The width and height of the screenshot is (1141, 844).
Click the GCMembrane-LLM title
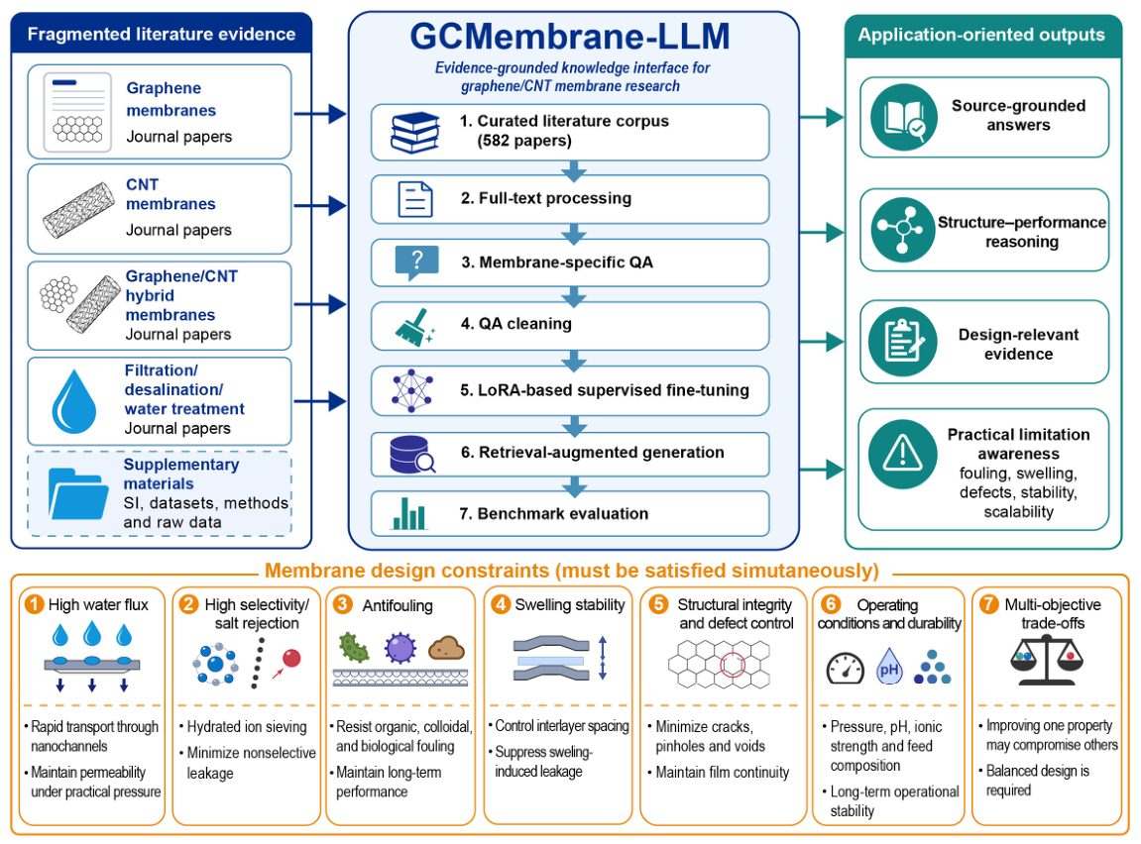pyautogui.click(x=570, y=37)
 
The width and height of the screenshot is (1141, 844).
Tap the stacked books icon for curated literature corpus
pyautogui.click(x=414, y=133)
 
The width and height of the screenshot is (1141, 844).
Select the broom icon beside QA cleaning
pyautogui.click(x=414, y=326)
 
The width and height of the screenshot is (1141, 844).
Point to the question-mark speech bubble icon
pyautogui.click(x=416, y=263)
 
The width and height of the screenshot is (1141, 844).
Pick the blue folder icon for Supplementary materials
pyautogui.click(x=78, y=493)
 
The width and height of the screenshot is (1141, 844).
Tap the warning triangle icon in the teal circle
pyautogui.click(x=902, y=454)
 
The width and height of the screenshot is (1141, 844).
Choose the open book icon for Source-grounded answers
pyautogui.click(x=904, y=117)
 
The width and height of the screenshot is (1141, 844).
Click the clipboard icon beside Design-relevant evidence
pyautogui.click(x=902, y=341)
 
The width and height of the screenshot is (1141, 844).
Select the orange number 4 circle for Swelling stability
pyautogui.click(x=501, y=604)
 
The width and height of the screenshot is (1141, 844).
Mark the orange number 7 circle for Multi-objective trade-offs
pyautogui.click(x=989, y=604)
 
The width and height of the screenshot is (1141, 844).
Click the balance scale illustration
pyautogui.click(x=1047, y=660)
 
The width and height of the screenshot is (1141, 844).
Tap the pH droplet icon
pyautogui.click(x=889, y=666)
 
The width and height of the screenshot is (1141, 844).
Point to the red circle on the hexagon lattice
pyautogui.click(x=733, y=665)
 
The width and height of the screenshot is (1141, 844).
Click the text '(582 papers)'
pyautogui.click(x=524, y=141)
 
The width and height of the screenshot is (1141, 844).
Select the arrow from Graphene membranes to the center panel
pyautogui.click(x=319, y=113)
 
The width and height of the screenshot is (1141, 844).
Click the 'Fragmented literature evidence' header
pyautogui.click(x=162, y=34)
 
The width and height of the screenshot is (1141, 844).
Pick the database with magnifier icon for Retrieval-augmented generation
pyautogui.click(x=412, y=455)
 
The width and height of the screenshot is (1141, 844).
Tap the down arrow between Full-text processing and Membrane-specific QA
pyautogui.click(x=574, y=233)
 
